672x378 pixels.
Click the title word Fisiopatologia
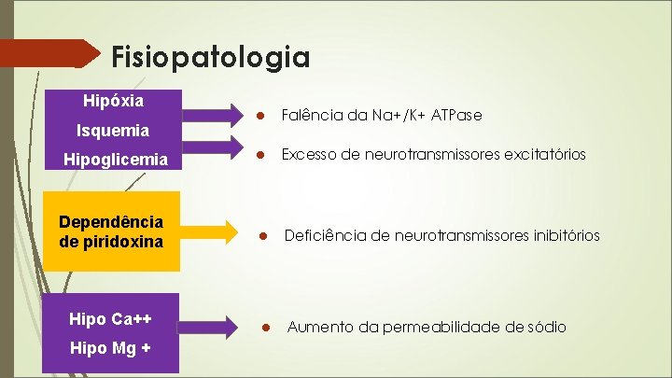(210, 58)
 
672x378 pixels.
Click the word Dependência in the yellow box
(111, 222)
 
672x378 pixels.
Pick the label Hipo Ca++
(111, 319)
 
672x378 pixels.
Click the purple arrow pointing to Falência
(212, 114)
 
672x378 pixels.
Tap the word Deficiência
(324, 236)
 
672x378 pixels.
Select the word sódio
(541, 327)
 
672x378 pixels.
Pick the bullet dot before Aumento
(266, 327)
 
